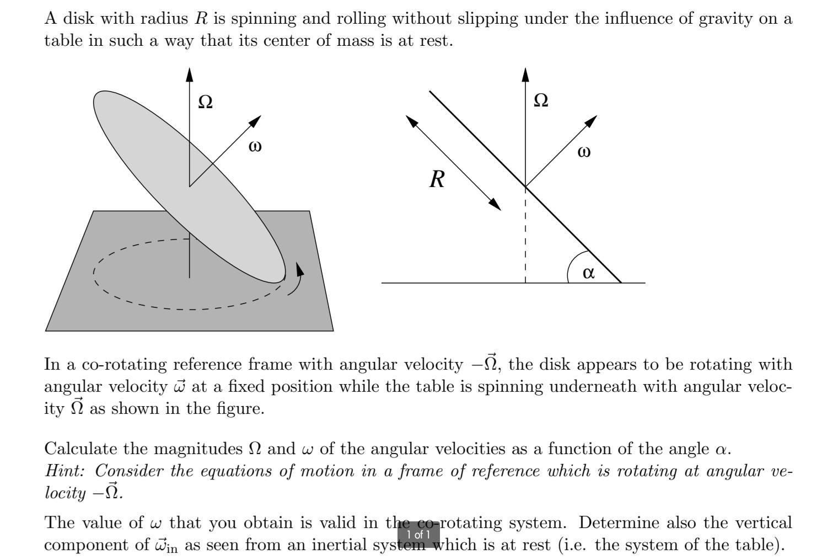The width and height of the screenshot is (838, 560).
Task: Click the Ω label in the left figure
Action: click(206, 102)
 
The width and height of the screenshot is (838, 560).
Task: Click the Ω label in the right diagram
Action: click(541, 100)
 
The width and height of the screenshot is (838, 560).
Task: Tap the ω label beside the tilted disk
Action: click(255, 146)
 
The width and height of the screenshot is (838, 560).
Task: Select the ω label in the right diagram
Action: click(584, 152)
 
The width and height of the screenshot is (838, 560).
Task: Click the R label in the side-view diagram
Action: click(437, 179)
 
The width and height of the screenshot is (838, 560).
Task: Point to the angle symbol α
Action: click(588, 273)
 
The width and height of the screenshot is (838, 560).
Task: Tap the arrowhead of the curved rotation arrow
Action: click(300, 269)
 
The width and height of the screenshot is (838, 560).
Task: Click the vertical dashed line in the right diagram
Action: click(525, 234)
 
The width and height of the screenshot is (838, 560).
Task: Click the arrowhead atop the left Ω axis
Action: click(190, 74)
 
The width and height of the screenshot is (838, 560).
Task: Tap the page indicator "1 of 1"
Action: click(418, 535)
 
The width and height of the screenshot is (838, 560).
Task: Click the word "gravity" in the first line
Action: click(726, 19)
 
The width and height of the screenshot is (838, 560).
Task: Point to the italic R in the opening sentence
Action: click(201, 18)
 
